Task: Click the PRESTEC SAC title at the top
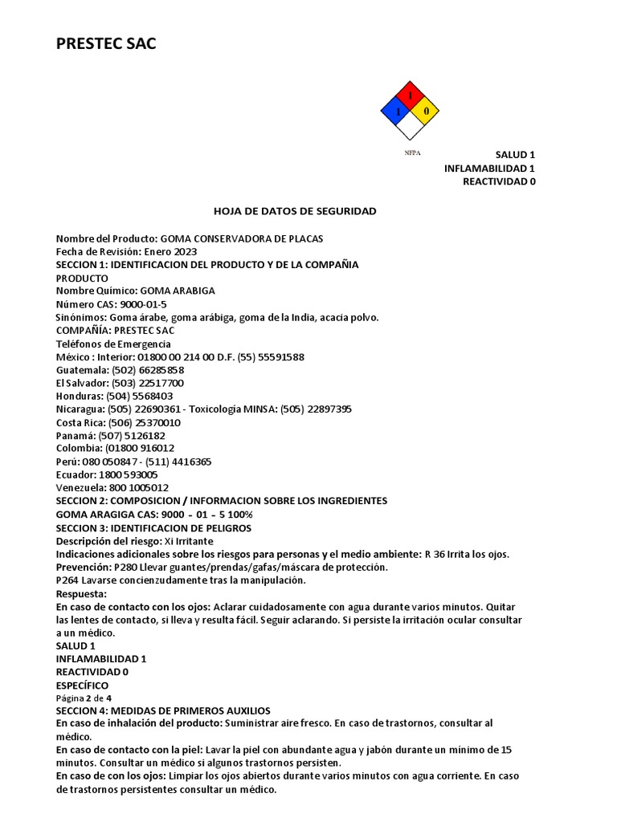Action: coord(106,44)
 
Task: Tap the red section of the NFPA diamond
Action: coord(410,96)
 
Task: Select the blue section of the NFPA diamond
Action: coord(395,111)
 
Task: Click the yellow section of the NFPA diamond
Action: coord(425,111)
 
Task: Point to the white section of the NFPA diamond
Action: coord(410,125)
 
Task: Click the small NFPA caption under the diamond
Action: coord(412,152)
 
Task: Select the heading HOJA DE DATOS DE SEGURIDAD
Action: coord(295,211)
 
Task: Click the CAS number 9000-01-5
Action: coord(143,304)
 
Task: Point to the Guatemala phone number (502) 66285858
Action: coord(141,370)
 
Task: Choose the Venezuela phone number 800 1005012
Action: coord(134,487)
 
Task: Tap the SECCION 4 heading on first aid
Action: coord(163,711)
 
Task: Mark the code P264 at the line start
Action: coord(67,580)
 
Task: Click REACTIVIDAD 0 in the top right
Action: coord(498,181)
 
